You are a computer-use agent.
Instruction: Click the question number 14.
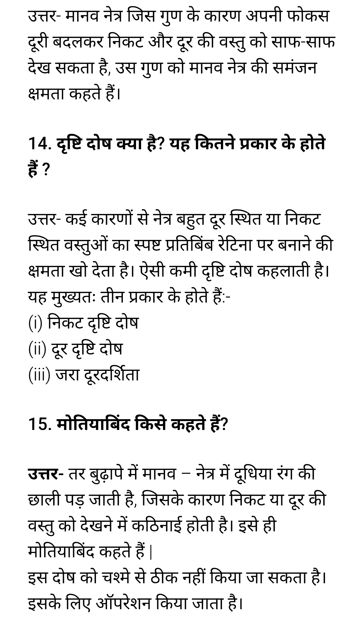[x=39, y=144]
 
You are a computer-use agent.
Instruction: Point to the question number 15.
[x=40, y=424]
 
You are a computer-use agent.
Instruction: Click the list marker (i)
[x=35, y=323]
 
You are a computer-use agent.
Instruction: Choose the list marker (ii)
[x=37, y=349]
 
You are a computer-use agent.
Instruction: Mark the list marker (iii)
[x=39, y=375]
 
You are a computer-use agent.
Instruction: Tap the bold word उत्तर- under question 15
[x=45, y=474]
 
